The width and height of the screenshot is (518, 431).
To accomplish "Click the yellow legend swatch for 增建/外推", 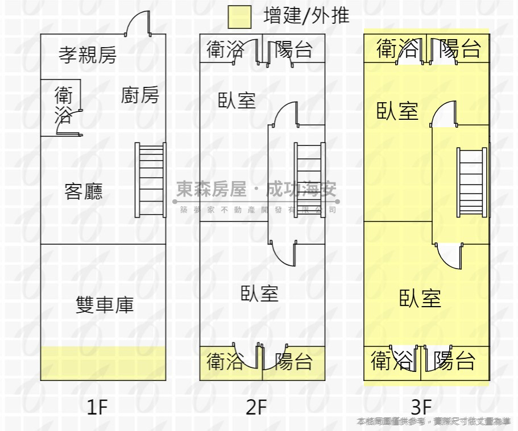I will (239, 17).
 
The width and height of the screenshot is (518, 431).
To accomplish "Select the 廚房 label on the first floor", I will (140, 95).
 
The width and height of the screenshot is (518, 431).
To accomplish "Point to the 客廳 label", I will (84, 191).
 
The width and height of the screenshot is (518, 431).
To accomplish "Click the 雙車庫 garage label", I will (105, 305).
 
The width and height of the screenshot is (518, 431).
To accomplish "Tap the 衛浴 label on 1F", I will (63, 105).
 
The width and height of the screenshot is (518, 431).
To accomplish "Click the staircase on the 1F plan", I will (151, 179).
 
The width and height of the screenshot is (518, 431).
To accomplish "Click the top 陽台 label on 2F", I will (294, 49).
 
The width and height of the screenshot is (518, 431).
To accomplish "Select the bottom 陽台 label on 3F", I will (454, 360).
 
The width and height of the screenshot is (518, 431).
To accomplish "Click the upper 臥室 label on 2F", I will (237, 101).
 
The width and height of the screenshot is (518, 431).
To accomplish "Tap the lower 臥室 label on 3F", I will (420, 298).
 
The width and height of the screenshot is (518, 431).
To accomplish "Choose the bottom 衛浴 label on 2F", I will (225, 361).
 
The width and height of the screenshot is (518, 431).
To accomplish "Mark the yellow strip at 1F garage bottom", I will (103, 363).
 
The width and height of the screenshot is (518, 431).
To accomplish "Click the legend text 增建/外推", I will (306, 16).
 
